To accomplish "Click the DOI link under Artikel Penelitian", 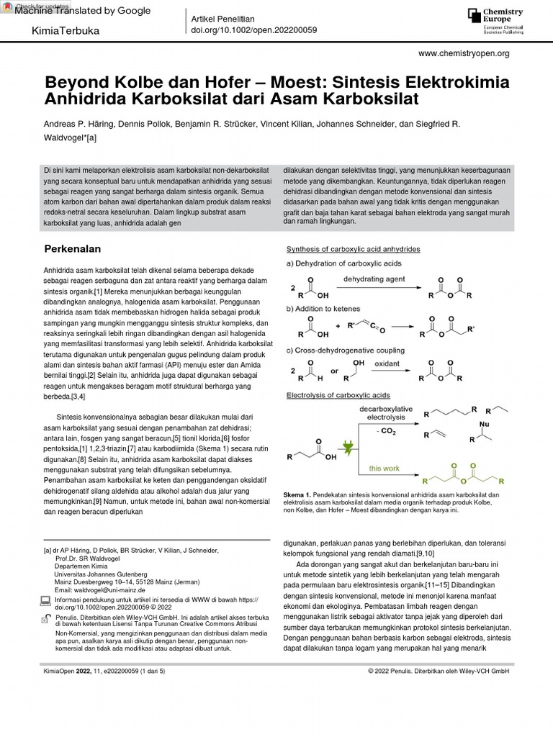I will pyautogui.click(x=253, y=30).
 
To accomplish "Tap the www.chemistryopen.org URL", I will pyautogui.click(x=463, y=53).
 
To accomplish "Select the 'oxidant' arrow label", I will pyautogui.click(x=387, y=363).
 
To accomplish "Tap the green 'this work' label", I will pyautogui.click(x=385, y=468).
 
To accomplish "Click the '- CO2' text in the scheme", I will pyautogui.click(x=387, y=431).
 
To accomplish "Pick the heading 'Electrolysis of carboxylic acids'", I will pyautogui.click(x=338, y=395).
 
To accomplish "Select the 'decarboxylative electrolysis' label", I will pyautogui.click(x=386, y=412).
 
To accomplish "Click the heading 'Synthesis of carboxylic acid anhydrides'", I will pyautogui.click(x=354, y=249).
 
